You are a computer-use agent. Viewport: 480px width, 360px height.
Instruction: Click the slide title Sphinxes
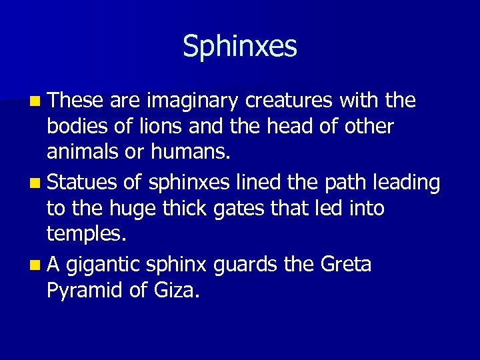pos(240,47)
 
